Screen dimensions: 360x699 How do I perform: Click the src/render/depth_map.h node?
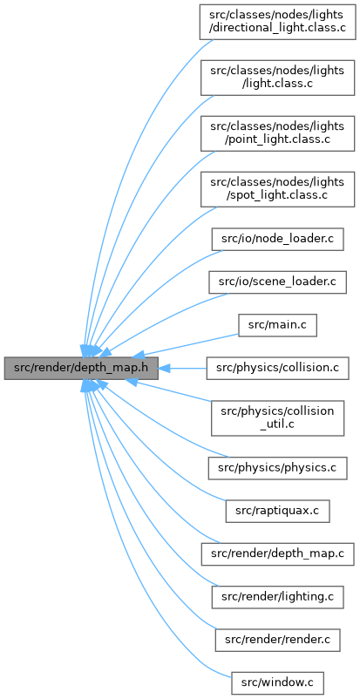pyautogui.click(x=81, y=368)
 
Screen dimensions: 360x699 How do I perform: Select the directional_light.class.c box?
pyautogui.click(x=277, y=23)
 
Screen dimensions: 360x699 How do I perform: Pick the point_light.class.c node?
pyautogui.click(x=277, y=132)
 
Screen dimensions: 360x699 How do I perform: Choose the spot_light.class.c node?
pyautogui.click(x=277, y=188)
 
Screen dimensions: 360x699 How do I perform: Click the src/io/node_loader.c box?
pyautogui.click(x=277, y=241)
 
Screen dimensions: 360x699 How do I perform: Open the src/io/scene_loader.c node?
pyautogui.click(x=277, y=282)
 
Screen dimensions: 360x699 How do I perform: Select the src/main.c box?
pyautogui.click(x=277, y=325)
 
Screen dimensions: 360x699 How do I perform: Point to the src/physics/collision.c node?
pyautogui.click(x=277, y=368)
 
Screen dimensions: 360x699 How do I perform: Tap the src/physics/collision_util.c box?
pyautogui.click(x=277, y=417)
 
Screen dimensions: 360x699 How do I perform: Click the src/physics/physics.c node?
pyautogui.click(x=277, y=468)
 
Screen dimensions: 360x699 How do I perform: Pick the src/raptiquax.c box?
pyautogui.click(x=277, y=512)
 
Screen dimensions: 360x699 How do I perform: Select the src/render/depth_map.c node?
pyautogui.click(x=277, y=554)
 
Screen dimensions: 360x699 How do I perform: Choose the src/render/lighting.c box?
pyautogui.click(x=277, y=597)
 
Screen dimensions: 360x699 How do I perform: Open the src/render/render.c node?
pyautogui.click(x=277, y=640)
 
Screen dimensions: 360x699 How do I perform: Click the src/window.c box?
pyautogui.click(x=277, y=682)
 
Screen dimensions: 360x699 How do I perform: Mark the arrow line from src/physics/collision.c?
pyautogui.click(x=182, y=368)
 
